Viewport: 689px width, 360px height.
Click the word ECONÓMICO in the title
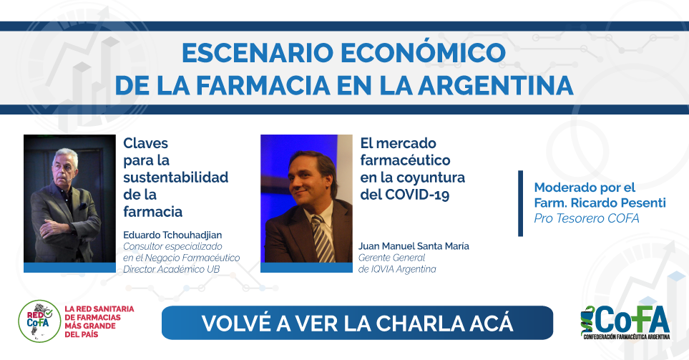[423, 52]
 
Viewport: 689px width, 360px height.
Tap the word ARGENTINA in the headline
[496, 85]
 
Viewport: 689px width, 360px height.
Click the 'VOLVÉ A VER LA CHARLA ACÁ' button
[357, 323]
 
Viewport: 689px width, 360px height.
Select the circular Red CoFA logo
[39, 321]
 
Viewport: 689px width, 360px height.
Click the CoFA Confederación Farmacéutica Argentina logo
[625, 322]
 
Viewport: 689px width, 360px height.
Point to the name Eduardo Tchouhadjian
[172, 235]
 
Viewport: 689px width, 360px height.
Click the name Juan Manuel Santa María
[414, 246]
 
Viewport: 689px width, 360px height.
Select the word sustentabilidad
[176, 177]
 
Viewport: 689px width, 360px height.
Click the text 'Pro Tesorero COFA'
[587, 218]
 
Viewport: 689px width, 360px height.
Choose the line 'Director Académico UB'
[172, 269]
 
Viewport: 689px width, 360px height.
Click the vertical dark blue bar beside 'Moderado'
[521, 203]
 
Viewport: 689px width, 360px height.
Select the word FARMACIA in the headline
[263, 85]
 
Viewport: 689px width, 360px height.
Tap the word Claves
[145, 143]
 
